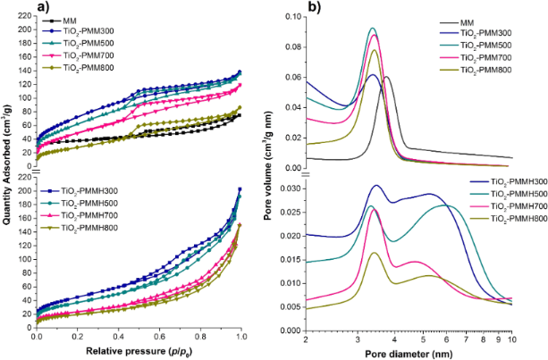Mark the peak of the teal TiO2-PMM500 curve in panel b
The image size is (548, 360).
coord(373,29)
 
